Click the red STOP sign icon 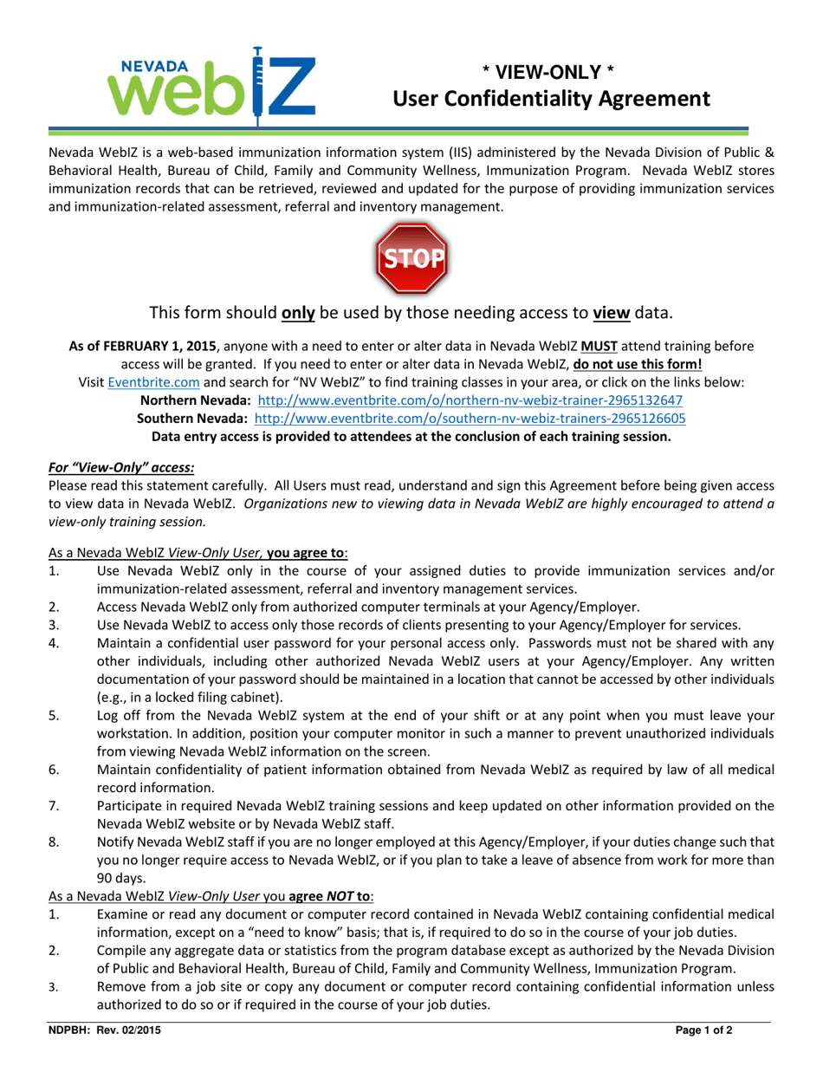pyautogui.click(x=411, y=257)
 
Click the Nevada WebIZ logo pyautogui.click(x=211, y=85)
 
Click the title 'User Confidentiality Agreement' pyautogui.click(x=552, y=100)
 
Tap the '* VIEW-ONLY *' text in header pyautogui.click(x=552, y=73)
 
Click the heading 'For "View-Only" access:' pyautogui.click(x=121, y=467)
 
